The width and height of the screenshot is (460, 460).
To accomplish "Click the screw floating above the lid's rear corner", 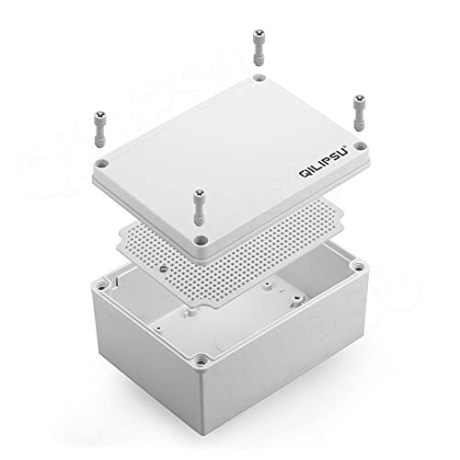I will coord(259,45).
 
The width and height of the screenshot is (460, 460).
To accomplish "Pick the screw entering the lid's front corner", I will coord(196,207).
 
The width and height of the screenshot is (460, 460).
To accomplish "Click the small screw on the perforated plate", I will coord(164,268).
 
